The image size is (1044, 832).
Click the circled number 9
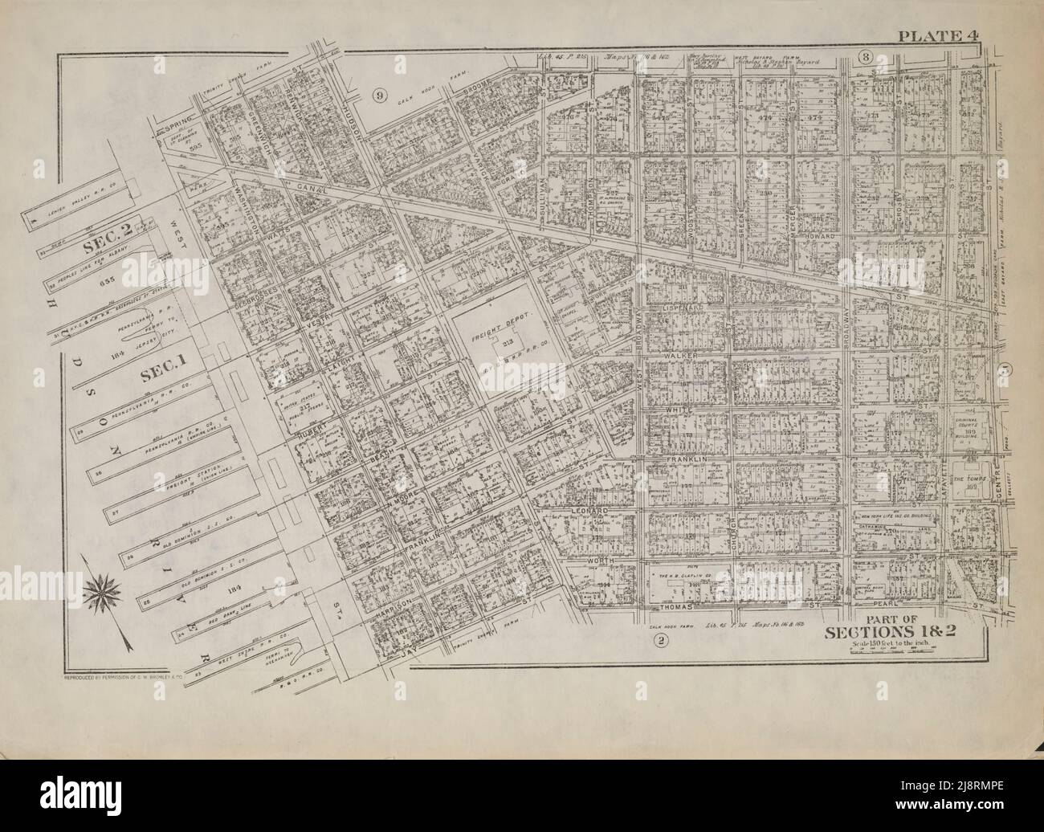click(x=379, y=96)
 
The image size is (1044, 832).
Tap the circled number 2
click(x=660, y=640)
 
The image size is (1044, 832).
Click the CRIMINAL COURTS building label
click(x=973, y=426)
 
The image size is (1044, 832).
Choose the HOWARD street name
click(x=816, y=238)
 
